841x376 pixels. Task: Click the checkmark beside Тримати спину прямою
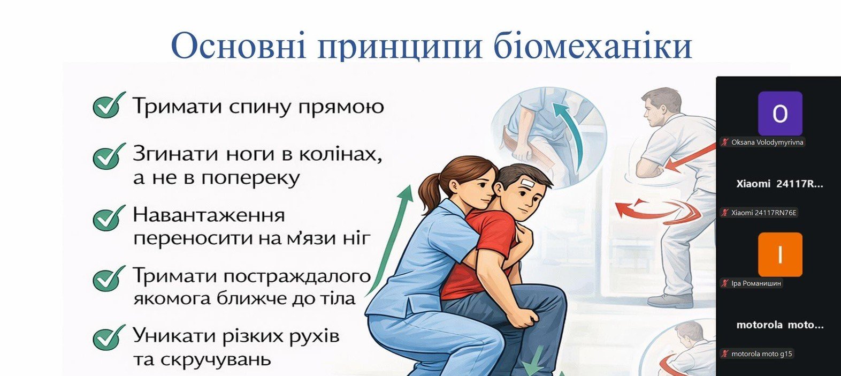tap(109, 105)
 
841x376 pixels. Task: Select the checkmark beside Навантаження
tap(109, 217)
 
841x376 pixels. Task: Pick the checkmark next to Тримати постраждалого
tap(109, 278)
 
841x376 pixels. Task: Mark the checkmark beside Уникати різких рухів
tap(109, 337)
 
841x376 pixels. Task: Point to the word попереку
tap(250, 178)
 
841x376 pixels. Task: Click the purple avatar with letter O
tap(780, 113)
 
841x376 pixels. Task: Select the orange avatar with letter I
tap(780, 254)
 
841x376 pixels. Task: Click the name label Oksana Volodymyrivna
tap(767, 142)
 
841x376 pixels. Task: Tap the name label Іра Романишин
tap(756, 283)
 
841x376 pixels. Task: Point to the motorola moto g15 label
tap(761, 354)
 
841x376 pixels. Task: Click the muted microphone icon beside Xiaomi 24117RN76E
tap(724, 213)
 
